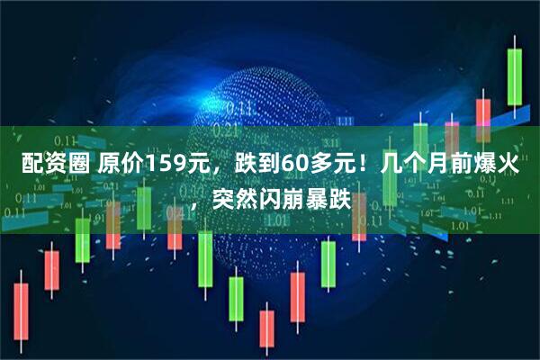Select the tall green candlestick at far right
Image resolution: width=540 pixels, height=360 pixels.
click(x=514, y=76)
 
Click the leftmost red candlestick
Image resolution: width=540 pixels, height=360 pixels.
click(x=21, y=311)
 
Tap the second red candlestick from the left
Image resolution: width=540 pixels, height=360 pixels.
click(x=51, y=270)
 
